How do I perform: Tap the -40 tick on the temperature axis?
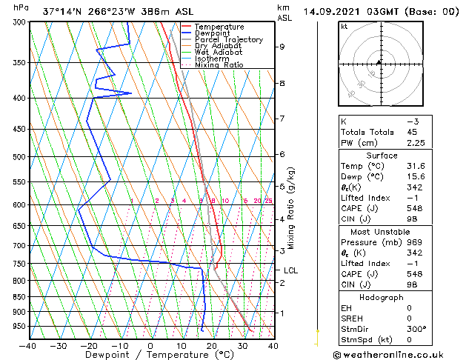tap(28, 345)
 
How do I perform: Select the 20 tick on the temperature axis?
tap(211, 345)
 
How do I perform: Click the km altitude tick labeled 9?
tap(282, 47)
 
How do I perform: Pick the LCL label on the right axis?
tap(290, 270)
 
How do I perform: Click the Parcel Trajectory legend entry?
tap(228, 40)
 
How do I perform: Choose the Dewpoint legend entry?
tap(214, 33)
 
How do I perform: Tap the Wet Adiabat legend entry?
tap(218, 53)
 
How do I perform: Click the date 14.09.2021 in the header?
tap(330, 12)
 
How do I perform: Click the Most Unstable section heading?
tap(382, 232)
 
